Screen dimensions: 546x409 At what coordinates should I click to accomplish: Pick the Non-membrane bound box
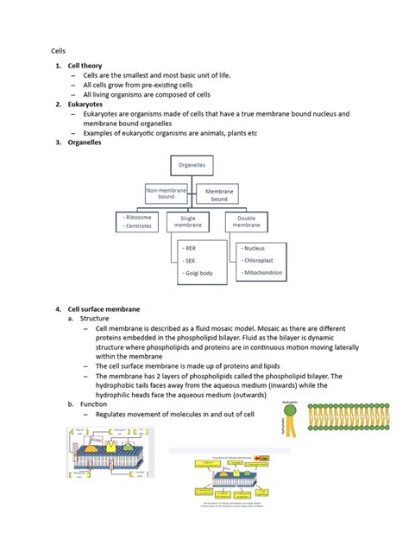[x=167, y=193]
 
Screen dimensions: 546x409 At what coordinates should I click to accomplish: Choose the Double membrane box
[x=249, y=221]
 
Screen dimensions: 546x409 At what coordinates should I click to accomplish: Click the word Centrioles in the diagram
[x=140, y=228]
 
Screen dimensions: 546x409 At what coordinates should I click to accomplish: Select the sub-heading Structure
[x=96, y=318]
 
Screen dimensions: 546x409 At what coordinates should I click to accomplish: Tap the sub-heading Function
[x=94, y=403]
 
